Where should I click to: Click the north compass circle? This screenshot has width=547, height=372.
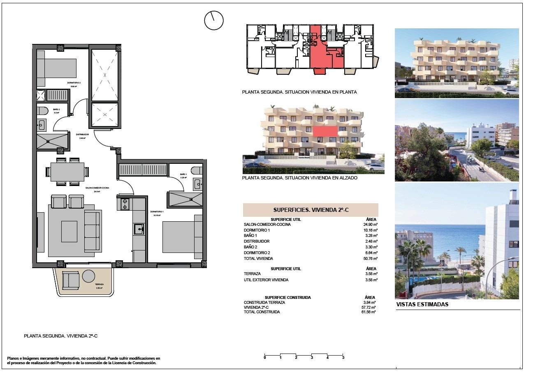tap(213, 20)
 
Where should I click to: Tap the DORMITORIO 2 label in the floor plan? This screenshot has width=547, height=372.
tap(74, 83)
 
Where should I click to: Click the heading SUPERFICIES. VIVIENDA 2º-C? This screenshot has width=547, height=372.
tap(311, 210)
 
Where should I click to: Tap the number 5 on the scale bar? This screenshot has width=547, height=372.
tap(343, 358)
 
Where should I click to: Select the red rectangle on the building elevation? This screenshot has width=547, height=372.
tap(325, 131)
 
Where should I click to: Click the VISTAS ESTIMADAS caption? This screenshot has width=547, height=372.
tap(422, 305)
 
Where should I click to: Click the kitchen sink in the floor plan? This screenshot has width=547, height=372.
tap(139, 229)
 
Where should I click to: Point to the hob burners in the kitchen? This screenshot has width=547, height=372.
tap(125, 204)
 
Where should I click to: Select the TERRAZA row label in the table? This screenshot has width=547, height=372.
tap(252, 273)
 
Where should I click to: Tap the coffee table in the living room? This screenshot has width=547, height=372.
tap(69, 232)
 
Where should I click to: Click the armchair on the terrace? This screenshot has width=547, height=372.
tap(70, 281)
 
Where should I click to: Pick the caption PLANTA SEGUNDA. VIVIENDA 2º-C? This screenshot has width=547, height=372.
tap(60, 336)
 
